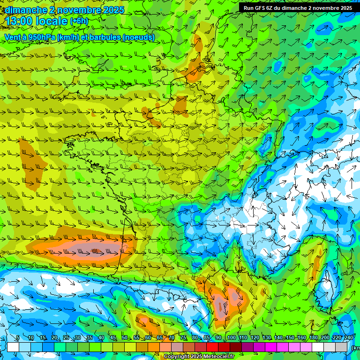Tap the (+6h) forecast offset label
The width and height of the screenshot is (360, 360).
click(78, 21)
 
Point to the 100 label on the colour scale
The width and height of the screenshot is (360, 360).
click(231, 338)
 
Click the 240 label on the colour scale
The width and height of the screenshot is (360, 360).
click(349, 338)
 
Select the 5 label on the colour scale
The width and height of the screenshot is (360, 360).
click(18, 338)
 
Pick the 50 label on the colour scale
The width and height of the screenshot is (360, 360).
click(124, 338)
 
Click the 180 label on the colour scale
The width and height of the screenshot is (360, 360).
click(313, 338)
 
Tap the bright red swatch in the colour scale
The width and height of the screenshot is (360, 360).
click(212, 347)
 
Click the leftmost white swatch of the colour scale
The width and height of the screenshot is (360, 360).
click(13, 347)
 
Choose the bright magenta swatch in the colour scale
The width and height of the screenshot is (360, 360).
click(271, 347)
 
